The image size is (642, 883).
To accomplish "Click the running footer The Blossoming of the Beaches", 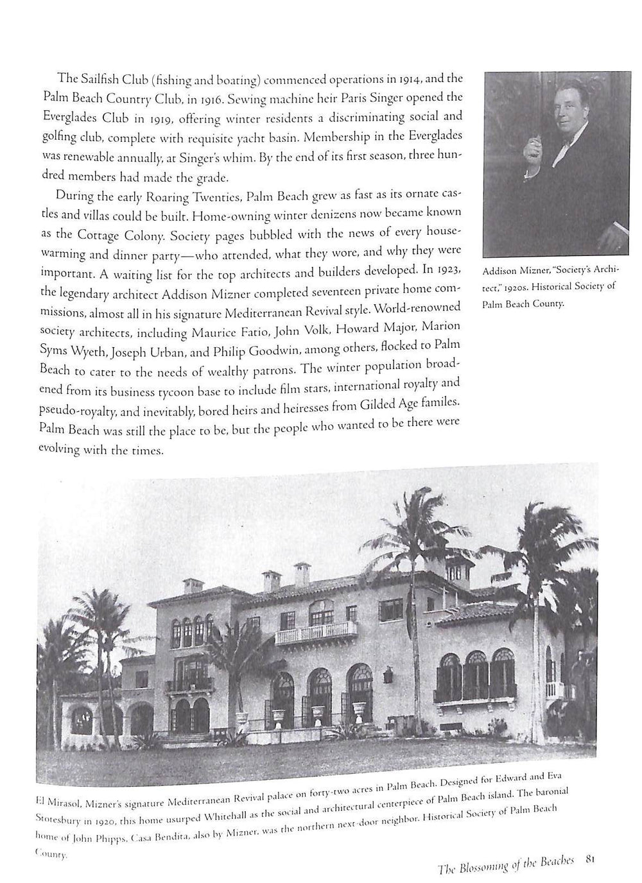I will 508,864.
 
